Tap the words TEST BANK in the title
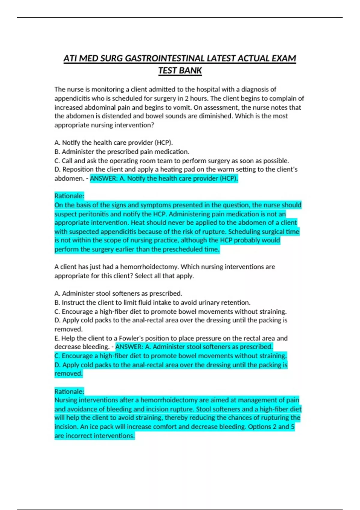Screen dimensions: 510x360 (x=180, y=70)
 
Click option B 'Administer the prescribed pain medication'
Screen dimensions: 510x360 (x=122, y=152)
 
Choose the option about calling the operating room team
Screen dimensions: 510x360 (x=172, y=161)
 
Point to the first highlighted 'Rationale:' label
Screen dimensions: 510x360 (x=69, y=196)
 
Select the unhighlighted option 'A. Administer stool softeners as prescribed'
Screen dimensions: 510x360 (x=118, y=293)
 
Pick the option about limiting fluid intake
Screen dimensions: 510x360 (x=152, y=302)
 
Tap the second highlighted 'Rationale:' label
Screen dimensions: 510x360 (x=69, y=391)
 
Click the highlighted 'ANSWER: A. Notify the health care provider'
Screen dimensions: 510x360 (x=164, y=178)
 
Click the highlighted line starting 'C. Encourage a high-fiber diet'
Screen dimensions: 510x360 (x=170, y=356)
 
